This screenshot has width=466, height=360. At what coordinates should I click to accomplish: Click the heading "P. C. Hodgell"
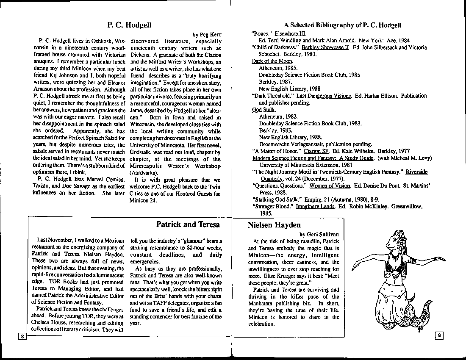tap(127, 25)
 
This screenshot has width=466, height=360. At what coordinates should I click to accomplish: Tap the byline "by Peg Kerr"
tap(207, 35)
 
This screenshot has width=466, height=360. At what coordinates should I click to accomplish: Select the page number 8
tap(21, 336)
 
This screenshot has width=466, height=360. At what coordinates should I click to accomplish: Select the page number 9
tap(439, 336)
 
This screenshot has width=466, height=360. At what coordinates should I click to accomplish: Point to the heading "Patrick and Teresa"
tap(188, 224)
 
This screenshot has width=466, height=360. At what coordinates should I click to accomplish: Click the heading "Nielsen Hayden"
tap(274, 225)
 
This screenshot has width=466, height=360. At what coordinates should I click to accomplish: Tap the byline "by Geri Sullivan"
tap(319, 234)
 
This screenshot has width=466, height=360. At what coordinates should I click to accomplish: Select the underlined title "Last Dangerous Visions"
tap(324, 96)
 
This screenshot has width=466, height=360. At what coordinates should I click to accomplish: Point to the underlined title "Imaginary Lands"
tap(315, 206)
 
